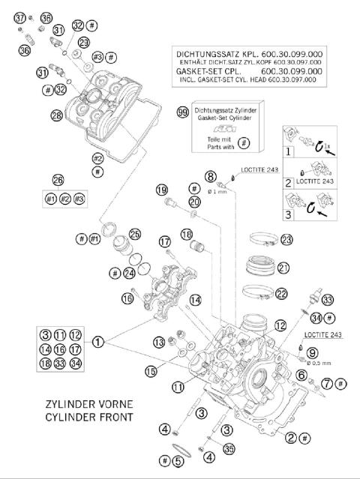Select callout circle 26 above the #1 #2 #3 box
tap(58, 180)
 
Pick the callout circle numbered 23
tap(286, 240)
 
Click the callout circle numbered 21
tap(283, 268)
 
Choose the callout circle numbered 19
tap(161, 190)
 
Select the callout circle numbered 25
tap(135, 234)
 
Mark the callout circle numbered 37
tap(20, 17)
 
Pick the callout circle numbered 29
tap(83, 43)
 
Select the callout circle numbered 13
tap(159, 342)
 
